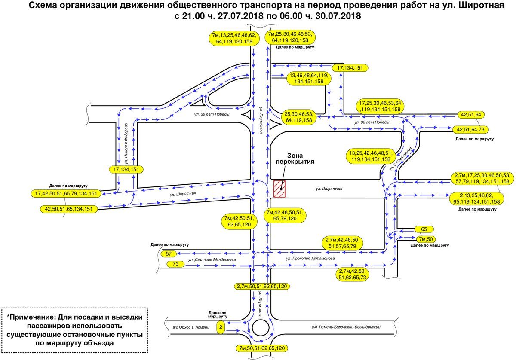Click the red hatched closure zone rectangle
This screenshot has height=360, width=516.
pos(280,189)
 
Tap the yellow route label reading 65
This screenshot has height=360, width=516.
pos(424,229)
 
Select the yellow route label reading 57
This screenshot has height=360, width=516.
pos(169,254)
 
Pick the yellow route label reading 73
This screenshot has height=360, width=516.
pos(175,264)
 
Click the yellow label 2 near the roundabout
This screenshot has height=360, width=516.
pos(221,327)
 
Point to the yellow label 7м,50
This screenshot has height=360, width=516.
pos(427,239)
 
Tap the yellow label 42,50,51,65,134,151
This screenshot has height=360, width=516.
pos(69,209)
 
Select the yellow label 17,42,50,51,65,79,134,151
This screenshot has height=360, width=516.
pos(66,194)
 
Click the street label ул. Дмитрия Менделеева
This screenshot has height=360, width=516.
pos(213,260)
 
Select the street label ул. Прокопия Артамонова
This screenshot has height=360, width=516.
pos(310,259)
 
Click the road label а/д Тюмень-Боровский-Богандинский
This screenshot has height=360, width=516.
pos(347,327)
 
